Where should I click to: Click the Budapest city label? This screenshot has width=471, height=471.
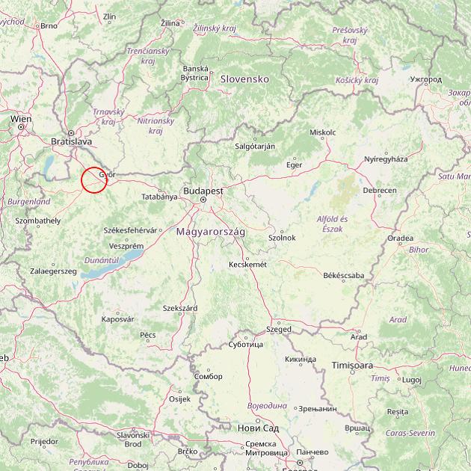tap(203, 191)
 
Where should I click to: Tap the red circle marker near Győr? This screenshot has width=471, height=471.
tap(94, 179)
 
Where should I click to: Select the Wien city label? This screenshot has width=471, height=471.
tap(21, 119)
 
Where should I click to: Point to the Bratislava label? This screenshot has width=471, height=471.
tap(71, 141)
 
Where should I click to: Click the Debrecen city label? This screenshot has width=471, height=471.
tap(380, 191)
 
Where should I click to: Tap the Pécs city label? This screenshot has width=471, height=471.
tap(148, 335)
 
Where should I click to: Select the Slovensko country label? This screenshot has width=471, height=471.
tap(244, 78)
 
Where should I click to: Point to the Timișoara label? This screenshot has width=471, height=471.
tap(352, 366)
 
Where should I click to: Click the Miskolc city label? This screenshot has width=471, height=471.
tap(322, 132)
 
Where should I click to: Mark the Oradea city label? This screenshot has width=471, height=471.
tap(400, 238)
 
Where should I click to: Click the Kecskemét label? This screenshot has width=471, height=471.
tap(247, 264)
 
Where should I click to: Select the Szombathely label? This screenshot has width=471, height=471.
tap(37, 221)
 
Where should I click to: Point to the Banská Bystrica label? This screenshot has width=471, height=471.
tap(195, 73)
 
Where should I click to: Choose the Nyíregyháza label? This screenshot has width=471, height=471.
tap(386, 159)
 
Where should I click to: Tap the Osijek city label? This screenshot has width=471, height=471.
tap(180, 399)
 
